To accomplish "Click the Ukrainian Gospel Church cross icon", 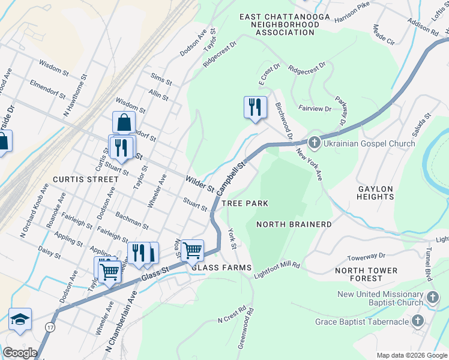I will pos(314,143).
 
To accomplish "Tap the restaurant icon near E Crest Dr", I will pos(255,107).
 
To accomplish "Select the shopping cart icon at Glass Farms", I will pos(192,250).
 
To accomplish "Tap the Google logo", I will pos(20,353).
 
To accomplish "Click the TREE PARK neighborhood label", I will pos(245,203).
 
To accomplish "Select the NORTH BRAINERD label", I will pos(294,224).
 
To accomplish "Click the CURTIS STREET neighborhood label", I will pos(85,179).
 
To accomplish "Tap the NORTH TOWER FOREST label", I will pos(366,274).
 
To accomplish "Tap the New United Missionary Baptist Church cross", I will pos(433,298).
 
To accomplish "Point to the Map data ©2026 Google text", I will pos(412,355).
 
